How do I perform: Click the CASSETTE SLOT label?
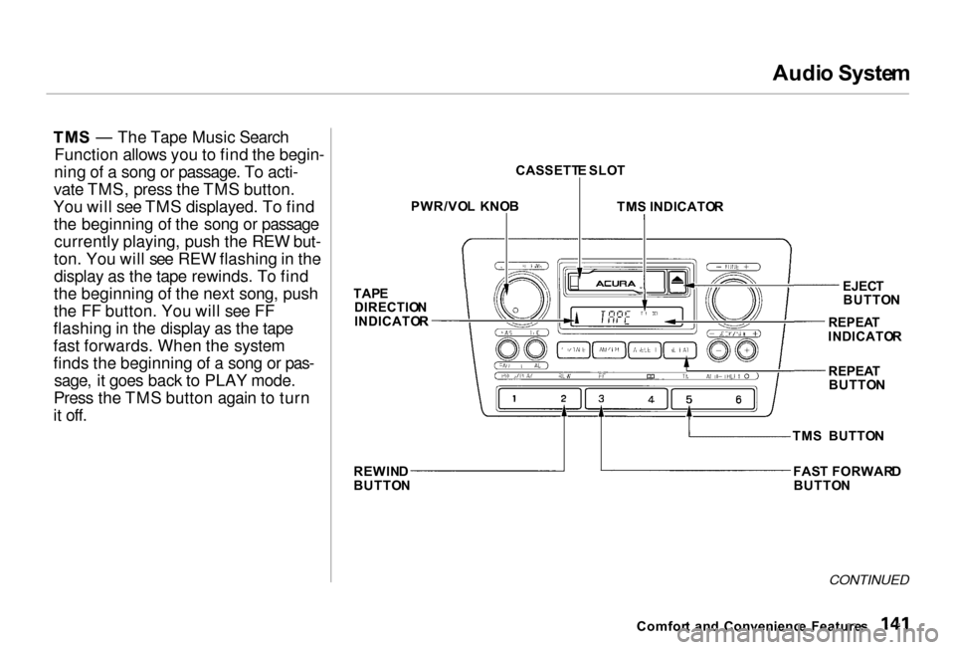[x=570, y=171]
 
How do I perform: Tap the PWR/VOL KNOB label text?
[x=465, y=207]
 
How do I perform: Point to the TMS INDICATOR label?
[x=669, y=207]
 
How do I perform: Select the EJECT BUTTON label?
[x=870, y=292]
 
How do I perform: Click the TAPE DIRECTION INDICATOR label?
[x=391, y=308]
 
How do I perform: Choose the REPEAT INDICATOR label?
[x=864, y=329]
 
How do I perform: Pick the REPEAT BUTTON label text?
[x=856, y=377]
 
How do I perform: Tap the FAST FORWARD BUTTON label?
[x=847, y=478]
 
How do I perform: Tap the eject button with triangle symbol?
[x=677, y=283]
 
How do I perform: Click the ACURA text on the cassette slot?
[x=617, y=285]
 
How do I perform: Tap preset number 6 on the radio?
[x=737, y=399]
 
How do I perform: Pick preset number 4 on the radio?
[x=651, y=399]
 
